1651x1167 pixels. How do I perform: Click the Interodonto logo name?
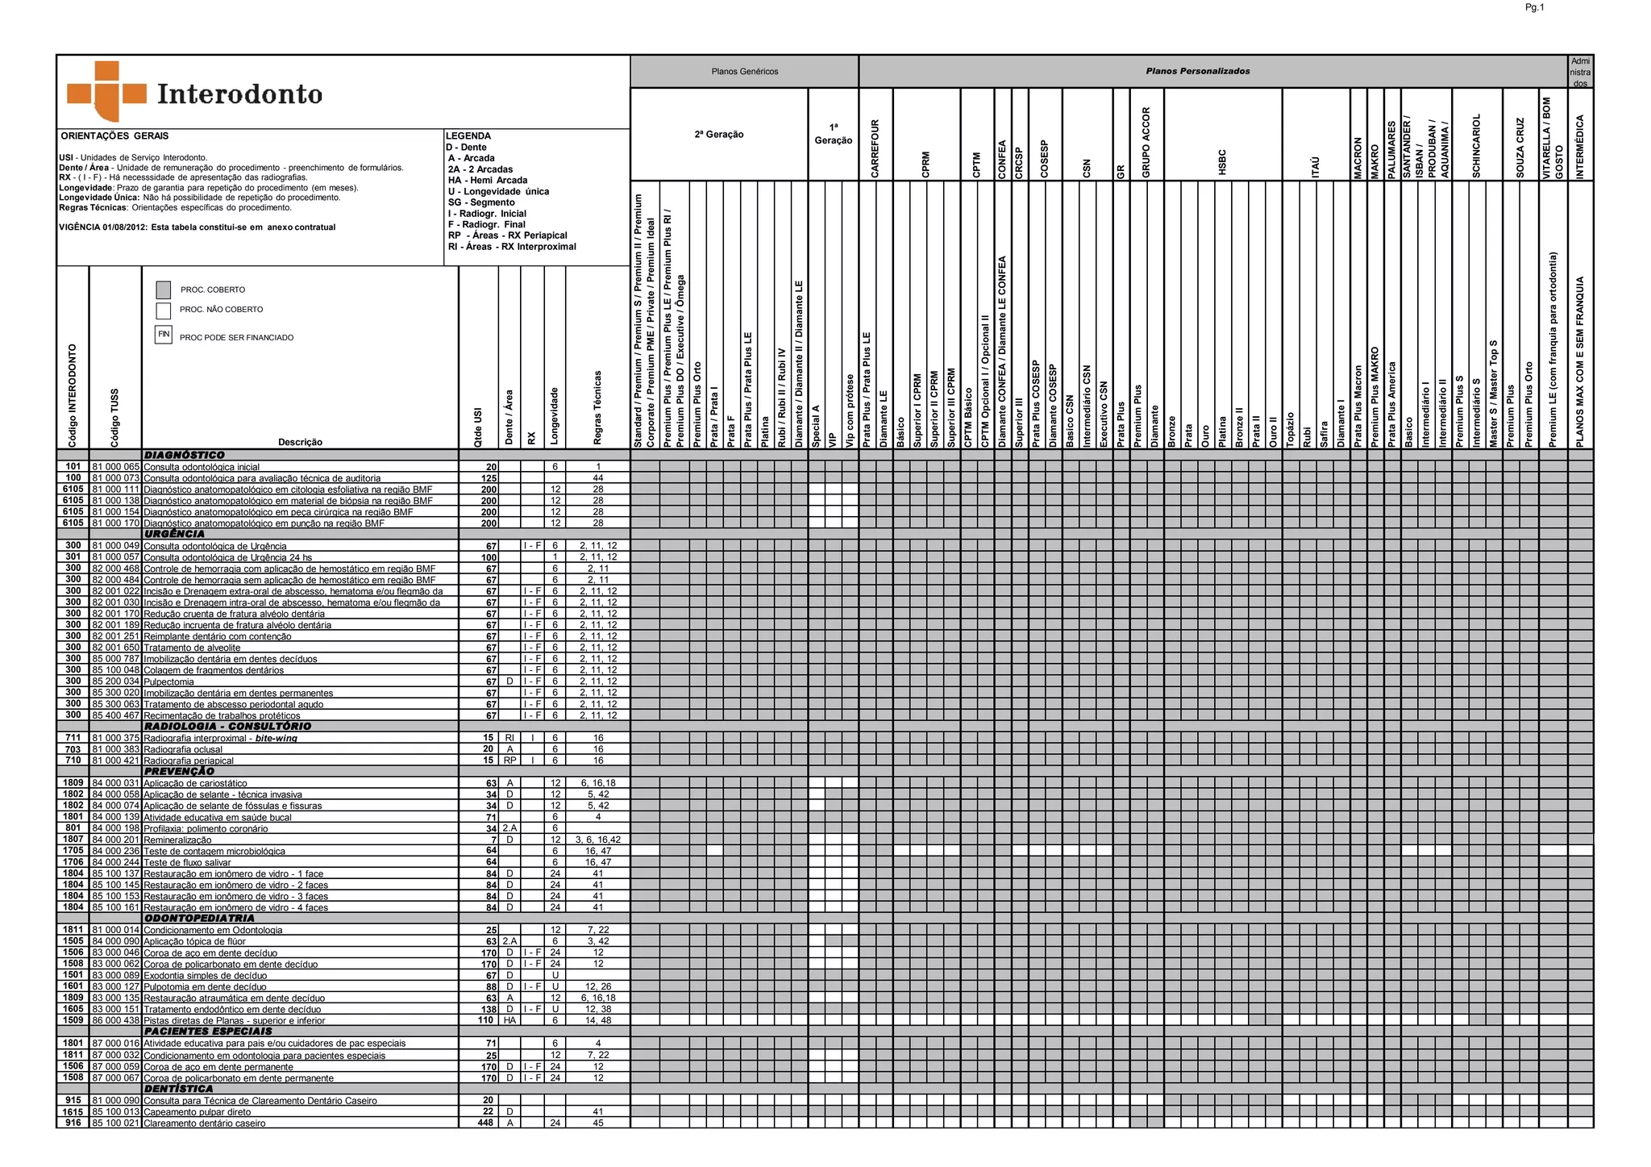(239, 94)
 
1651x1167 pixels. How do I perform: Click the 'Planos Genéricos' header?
(744, 72)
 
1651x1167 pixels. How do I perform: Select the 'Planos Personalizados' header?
(1197, 72)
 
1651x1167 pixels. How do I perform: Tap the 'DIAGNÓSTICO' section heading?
(184, 456)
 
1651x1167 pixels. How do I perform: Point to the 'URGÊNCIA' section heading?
(174, 534)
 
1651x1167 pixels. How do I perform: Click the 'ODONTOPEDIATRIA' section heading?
(199, 918)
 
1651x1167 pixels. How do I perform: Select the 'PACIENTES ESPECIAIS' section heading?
(208, 1032)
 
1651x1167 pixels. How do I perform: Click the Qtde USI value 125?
(489, 478)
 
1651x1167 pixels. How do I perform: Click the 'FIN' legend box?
(164, 334)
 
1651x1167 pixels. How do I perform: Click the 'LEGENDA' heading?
(468, 136)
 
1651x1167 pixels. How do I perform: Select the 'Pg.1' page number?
(1533, 7)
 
